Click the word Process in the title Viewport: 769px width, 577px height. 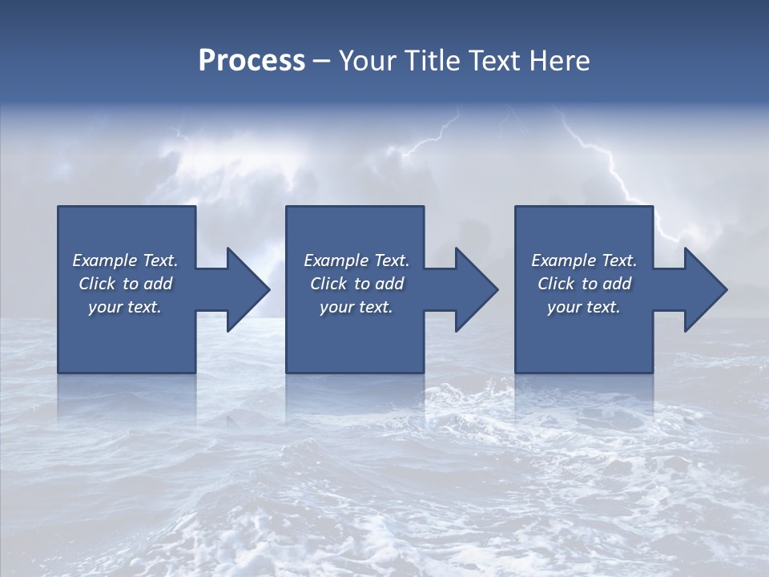pos(252,61)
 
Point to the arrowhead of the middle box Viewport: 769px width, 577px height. pos(476,289)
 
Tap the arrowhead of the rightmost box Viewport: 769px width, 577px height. pos(705,289)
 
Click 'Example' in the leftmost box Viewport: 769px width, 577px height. pos(104,260)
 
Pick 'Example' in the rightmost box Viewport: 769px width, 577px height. pos(564,260)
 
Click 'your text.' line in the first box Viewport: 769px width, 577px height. pos(125,307)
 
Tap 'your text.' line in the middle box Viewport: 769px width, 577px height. pos(356,307)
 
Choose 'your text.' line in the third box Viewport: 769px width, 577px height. pos(583,307)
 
